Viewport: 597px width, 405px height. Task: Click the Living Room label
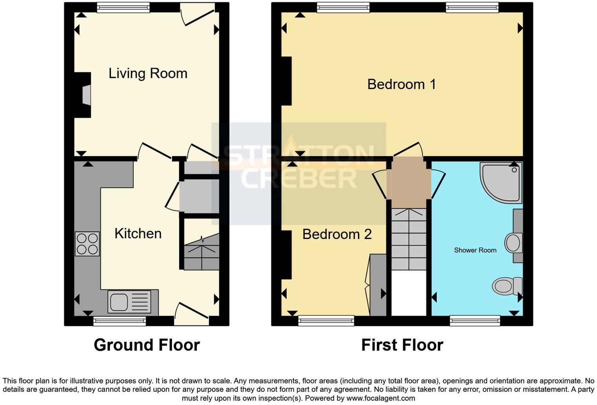coord(148,73)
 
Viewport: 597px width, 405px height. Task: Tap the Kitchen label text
coord(138,234)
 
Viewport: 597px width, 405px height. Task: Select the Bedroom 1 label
coord(401,84)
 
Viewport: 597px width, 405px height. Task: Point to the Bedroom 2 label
coord(337,234)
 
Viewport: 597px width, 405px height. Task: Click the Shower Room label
coord(475,250)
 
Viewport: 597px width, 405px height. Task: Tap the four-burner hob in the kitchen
coord(87,244)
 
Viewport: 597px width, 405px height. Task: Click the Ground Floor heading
coord(147,345)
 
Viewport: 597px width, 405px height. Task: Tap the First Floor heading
coord(402,345)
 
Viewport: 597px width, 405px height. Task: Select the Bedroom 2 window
coord(326,321)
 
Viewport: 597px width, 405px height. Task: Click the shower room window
coord(475,321)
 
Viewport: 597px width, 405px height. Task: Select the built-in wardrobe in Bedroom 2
coord(378,285)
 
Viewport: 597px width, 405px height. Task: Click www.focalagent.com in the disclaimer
coord(380,398)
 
